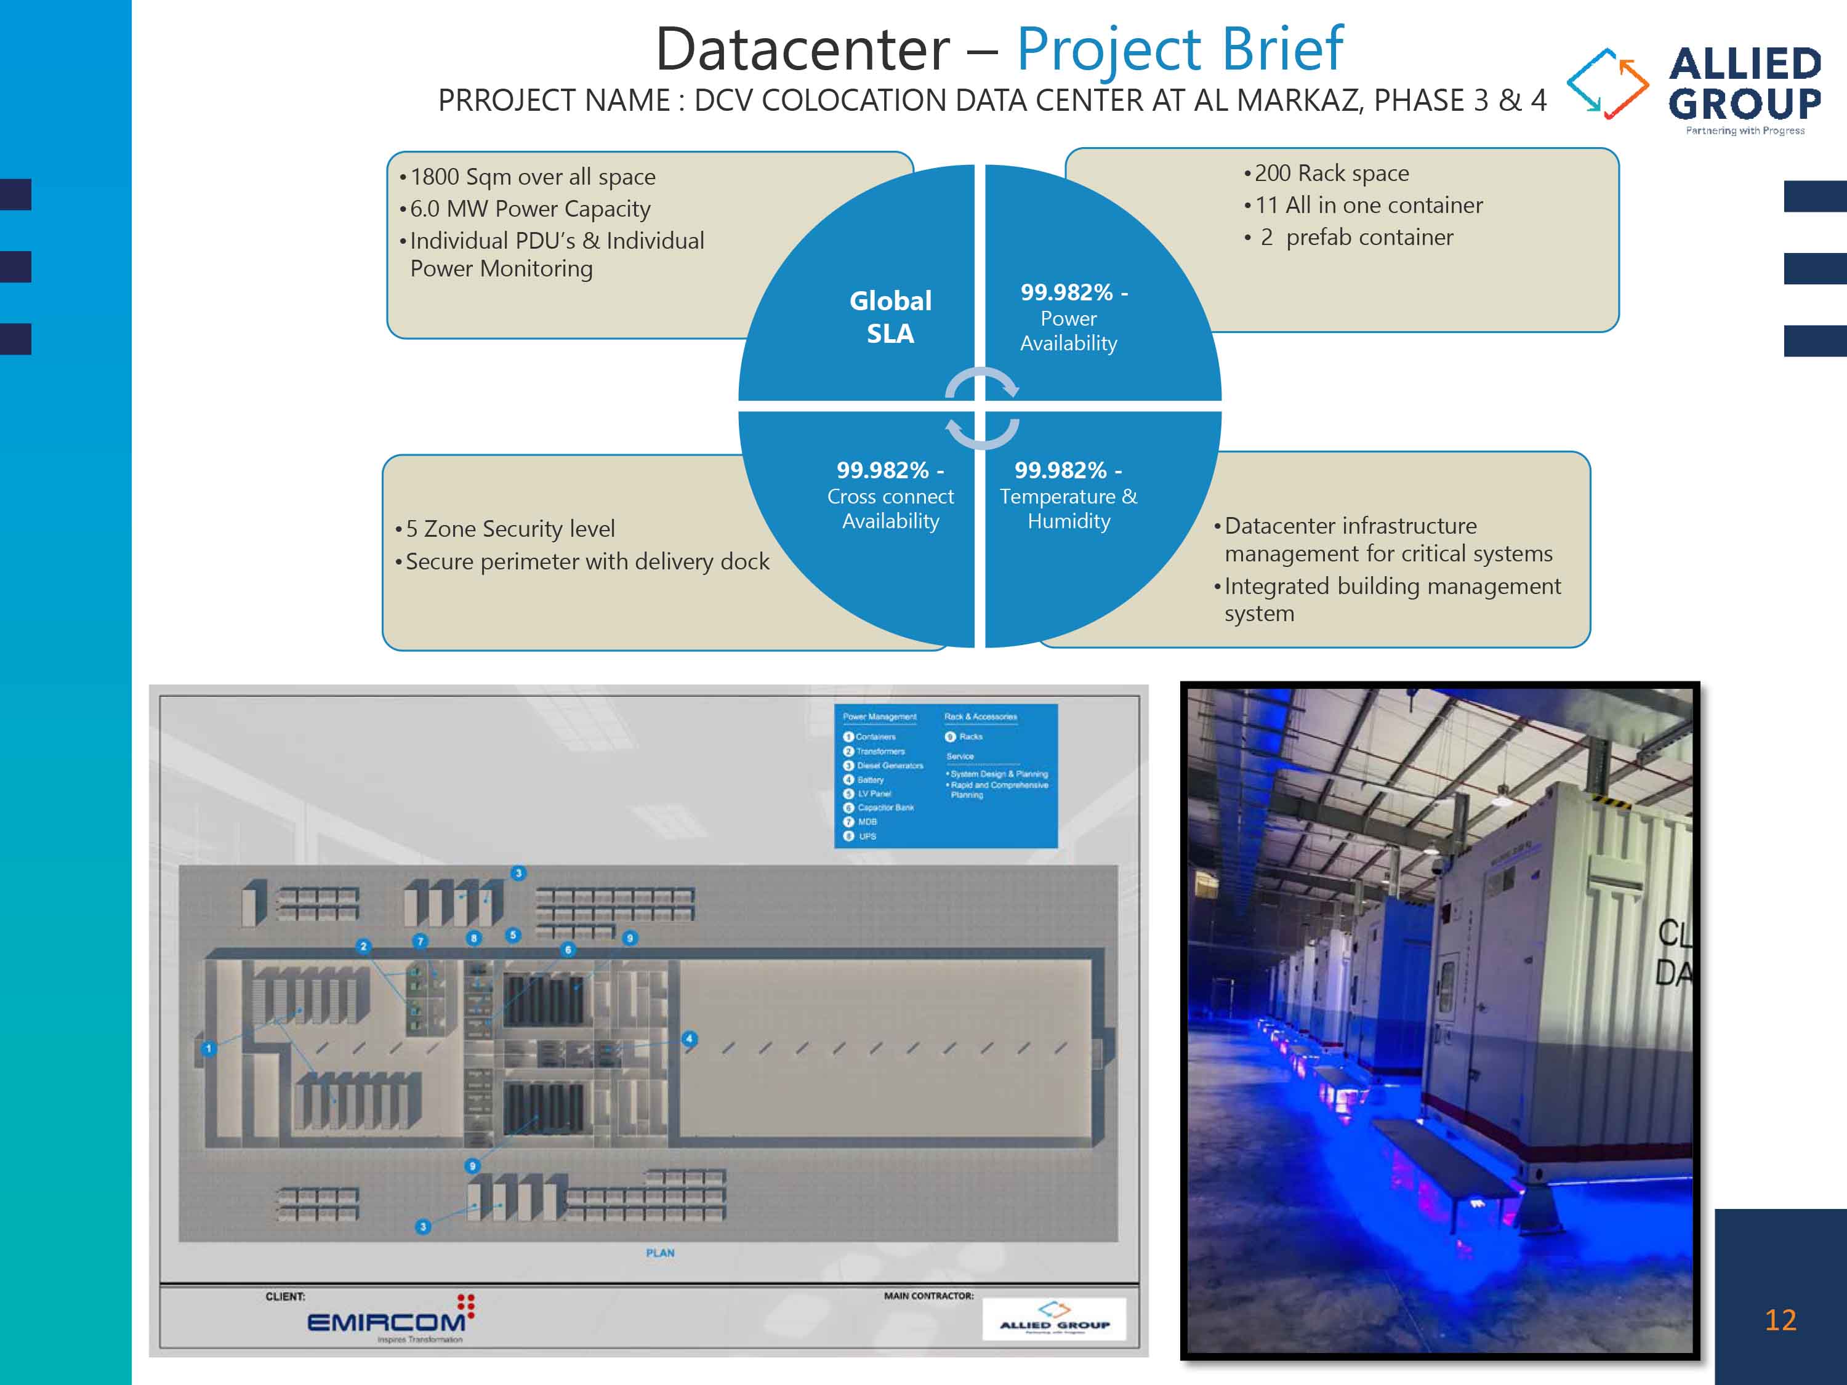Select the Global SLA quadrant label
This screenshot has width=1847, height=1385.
point(890,316)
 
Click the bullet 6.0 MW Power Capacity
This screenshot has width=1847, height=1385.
point(529,209)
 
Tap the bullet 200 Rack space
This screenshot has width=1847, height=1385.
point(1331,173)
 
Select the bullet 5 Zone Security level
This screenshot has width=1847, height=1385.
point(509,528)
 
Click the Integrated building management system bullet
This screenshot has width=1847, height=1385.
point(1390,598)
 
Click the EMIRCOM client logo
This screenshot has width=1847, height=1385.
point(388,1321)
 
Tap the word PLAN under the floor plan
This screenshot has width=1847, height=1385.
point(659,1252)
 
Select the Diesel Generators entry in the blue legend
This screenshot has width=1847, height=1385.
point(889,766)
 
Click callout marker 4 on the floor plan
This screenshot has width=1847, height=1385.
point(689,1038)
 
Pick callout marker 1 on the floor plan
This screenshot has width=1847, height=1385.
point(209,1048)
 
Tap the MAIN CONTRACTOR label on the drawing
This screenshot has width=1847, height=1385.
point(928,1296)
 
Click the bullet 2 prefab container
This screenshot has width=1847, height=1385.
point(1356,237)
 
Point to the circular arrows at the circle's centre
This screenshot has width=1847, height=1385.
point(981,406)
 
